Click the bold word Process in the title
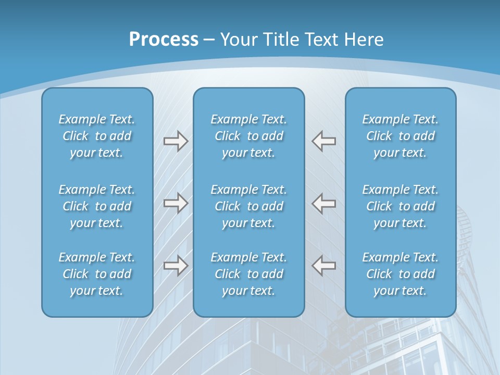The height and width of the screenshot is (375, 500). [x=164, y=40]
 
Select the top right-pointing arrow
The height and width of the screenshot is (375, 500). [x=176, y=141]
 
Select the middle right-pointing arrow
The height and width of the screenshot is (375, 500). [x=176, y=203]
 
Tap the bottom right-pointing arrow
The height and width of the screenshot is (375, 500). [x=176, y=265]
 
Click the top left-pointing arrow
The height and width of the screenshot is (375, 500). [x=324, y=141]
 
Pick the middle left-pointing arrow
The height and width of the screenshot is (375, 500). [x=324, y=203]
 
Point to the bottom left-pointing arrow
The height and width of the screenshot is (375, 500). [x=324, y=265]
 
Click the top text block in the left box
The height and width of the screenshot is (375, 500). [x=97, y=136]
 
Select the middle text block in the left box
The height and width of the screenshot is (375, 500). [x=97, y=206]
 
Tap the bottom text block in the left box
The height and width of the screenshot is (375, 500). [x=97, y=274]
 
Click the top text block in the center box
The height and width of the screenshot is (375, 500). [x=248, y=136]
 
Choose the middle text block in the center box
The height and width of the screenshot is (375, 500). [x=248, y=206]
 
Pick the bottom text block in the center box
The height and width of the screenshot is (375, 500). [x=248, y=274]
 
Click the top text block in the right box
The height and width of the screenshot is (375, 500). [x=400, y=136]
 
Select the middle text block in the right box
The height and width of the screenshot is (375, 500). [x=400, y=206]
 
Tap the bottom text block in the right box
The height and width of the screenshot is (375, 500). [x=400, y=274]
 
